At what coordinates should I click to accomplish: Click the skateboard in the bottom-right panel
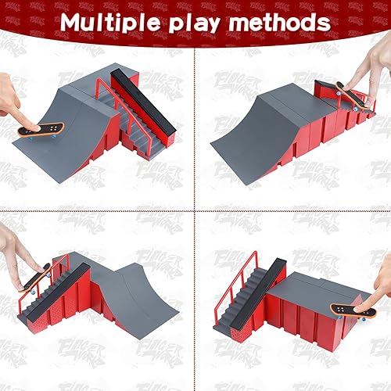(x=348, y=309)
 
